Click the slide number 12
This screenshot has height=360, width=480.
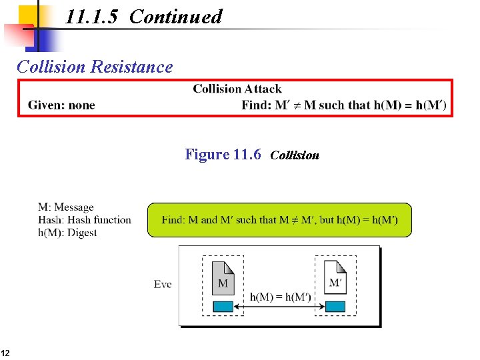point(5,353)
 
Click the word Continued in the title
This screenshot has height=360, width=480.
point(175,17)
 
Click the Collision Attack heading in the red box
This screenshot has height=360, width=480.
point(237,89)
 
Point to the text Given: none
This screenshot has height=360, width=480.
point(61,105)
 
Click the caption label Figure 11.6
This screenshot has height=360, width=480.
point(223,155)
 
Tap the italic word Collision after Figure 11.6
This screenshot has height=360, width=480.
point(295,155)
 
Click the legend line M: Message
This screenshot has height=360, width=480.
point(66,207)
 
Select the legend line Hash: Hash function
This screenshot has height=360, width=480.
point(85,220)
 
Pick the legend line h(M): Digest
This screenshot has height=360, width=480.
point(67,233)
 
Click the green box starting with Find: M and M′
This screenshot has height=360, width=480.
point(279,220)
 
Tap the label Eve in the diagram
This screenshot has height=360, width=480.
point(163,285)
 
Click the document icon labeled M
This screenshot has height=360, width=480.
point(223,279)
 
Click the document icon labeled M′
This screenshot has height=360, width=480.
point(335,279)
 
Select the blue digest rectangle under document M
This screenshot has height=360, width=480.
point(223,306)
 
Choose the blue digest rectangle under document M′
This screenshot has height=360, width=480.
point(335,306)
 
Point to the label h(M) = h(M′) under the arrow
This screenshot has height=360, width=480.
point(280,297)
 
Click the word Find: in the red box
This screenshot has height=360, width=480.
point(256,105)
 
